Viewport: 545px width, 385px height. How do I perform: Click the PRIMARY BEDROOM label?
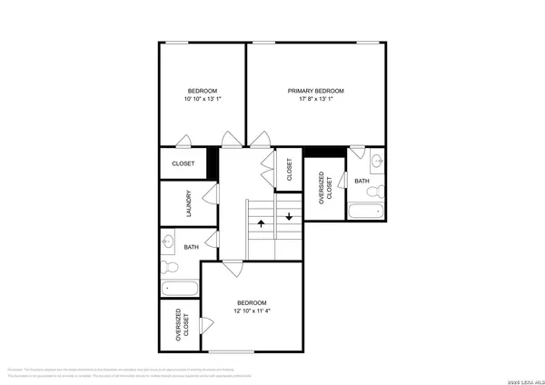click(316, 91)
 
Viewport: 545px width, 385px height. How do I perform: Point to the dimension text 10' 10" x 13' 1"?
click(202, 99)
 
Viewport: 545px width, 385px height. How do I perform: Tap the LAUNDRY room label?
click(188, 201)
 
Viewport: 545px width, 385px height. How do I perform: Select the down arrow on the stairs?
click(288, 216)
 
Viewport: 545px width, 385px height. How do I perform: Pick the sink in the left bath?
click(170, 242)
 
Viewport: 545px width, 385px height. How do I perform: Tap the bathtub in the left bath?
click(180, 290)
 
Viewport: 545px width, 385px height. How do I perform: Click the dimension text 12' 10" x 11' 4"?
click(252, 311)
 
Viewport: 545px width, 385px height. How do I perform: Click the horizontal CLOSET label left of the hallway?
click(183, 164)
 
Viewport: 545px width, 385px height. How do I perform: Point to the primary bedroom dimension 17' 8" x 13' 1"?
click(316, 99)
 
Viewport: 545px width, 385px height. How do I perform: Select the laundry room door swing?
click(211, 194)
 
